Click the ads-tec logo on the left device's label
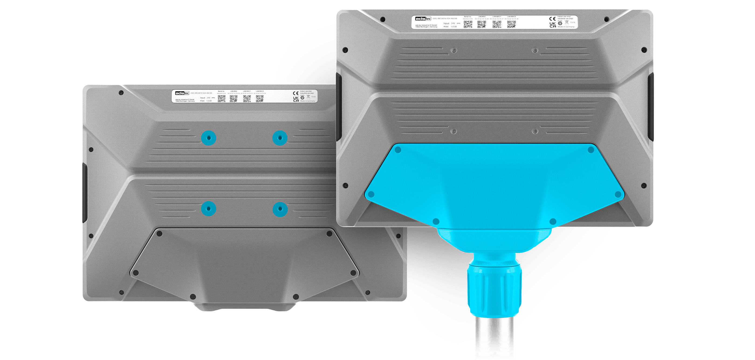tap(182, 93)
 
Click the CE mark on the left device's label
tap(296, 93)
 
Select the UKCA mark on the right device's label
tap(552, 25)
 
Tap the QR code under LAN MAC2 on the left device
tap(260, 99)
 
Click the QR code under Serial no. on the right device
tap(468, 24)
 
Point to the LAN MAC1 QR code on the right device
tap(497, 24)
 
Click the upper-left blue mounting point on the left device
tap(208, 138)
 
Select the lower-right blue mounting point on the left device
tap(280, 209)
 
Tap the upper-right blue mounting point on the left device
tap(280, 138)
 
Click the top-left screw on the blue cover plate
tap(398, 150)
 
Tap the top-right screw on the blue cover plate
tap(591, 150)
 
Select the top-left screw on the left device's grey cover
tap(159, 234)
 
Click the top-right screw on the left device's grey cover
tap(330, 234)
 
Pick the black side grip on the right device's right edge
tap(650, 107)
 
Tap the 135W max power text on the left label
tap(209, 101)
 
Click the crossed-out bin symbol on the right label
tap(567, 22)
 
